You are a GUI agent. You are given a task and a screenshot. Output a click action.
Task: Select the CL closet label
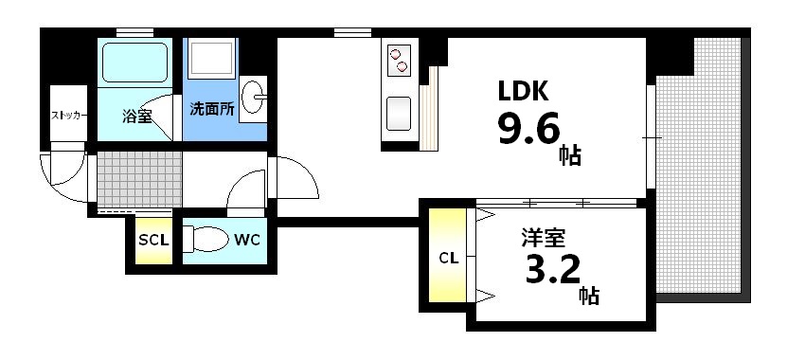[449, 257]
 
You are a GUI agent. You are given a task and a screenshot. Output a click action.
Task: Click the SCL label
[153, 240]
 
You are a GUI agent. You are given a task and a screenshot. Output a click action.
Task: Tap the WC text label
[247, 240]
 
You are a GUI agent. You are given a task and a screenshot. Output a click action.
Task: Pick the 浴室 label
[137, 117]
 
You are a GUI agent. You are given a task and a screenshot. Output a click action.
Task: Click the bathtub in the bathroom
[134, 64]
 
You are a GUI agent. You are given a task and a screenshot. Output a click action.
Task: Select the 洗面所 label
[213, 109]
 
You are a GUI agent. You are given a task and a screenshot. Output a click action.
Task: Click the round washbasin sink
[253, 97]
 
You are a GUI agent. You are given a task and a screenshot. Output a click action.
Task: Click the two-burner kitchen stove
[398, 59]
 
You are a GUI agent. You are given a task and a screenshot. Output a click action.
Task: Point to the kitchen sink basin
[397, 115]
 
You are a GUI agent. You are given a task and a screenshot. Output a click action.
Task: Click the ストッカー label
[69, 116]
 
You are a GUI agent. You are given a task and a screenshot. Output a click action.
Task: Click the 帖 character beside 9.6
[570, 155]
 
